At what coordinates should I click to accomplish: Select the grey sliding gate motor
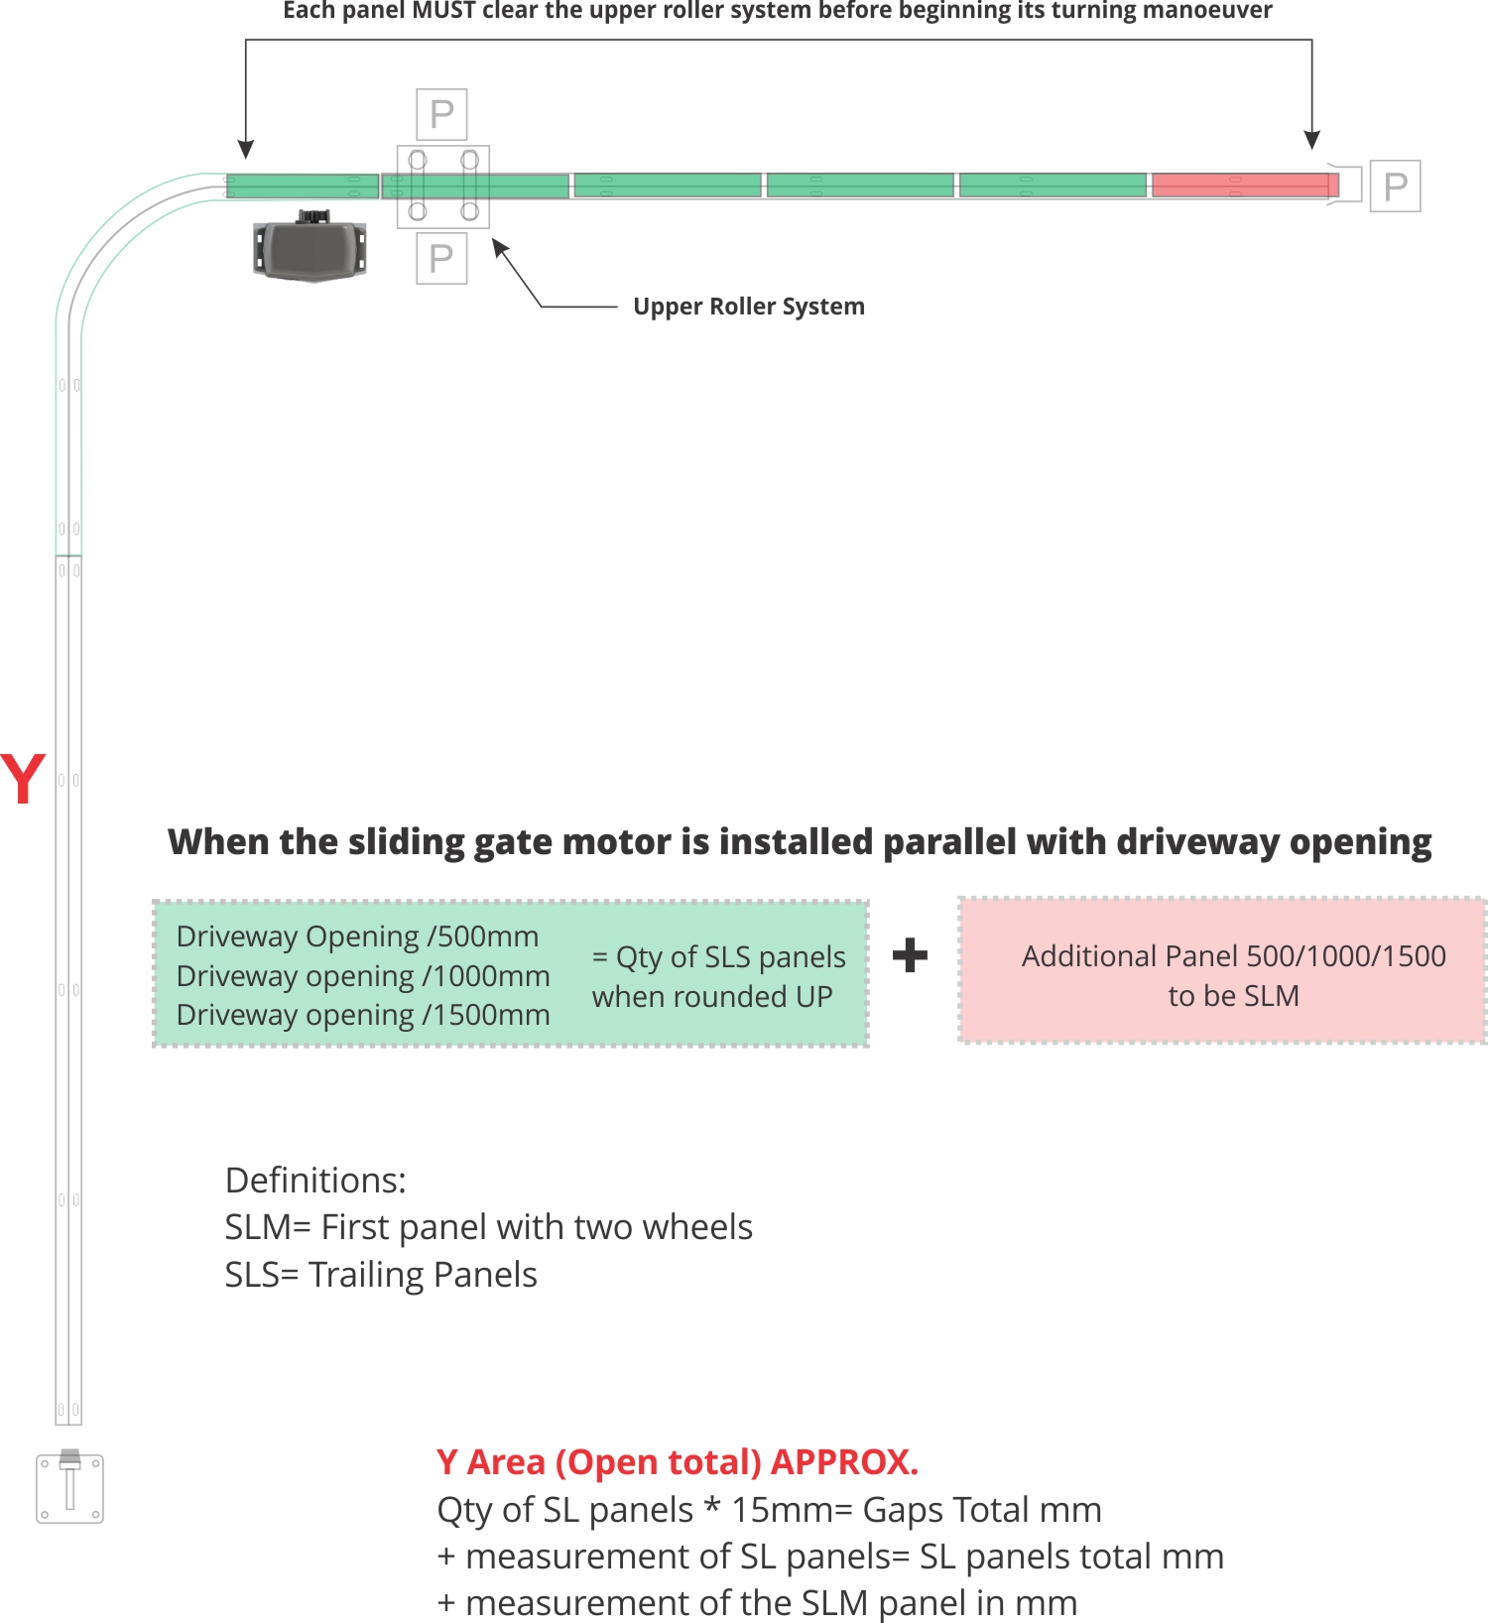tap(310, 248)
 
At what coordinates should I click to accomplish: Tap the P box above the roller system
tap(441, 114)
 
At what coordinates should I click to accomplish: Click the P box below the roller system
tap(441, 258)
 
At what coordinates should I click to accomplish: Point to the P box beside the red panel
tap(1395, 186)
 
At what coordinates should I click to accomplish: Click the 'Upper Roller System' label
tap(748, 307)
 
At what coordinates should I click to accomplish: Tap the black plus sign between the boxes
tap(910, 955)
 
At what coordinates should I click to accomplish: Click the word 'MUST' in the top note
tap(445, 11)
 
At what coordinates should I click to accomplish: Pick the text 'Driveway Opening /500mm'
tap(357, 936)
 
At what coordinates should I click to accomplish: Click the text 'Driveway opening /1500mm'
tap(363, 1015)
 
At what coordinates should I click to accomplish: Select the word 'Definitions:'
tap(315, 1181)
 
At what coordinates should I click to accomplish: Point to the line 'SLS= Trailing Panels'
tap(381, 1275)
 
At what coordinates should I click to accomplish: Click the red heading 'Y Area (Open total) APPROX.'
tap(678, 1462)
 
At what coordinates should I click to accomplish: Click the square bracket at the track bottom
tap(69, 1488)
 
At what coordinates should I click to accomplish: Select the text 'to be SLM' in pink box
tap(1233, 996)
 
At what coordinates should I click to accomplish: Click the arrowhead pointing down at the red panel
tap(1311, 140)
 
